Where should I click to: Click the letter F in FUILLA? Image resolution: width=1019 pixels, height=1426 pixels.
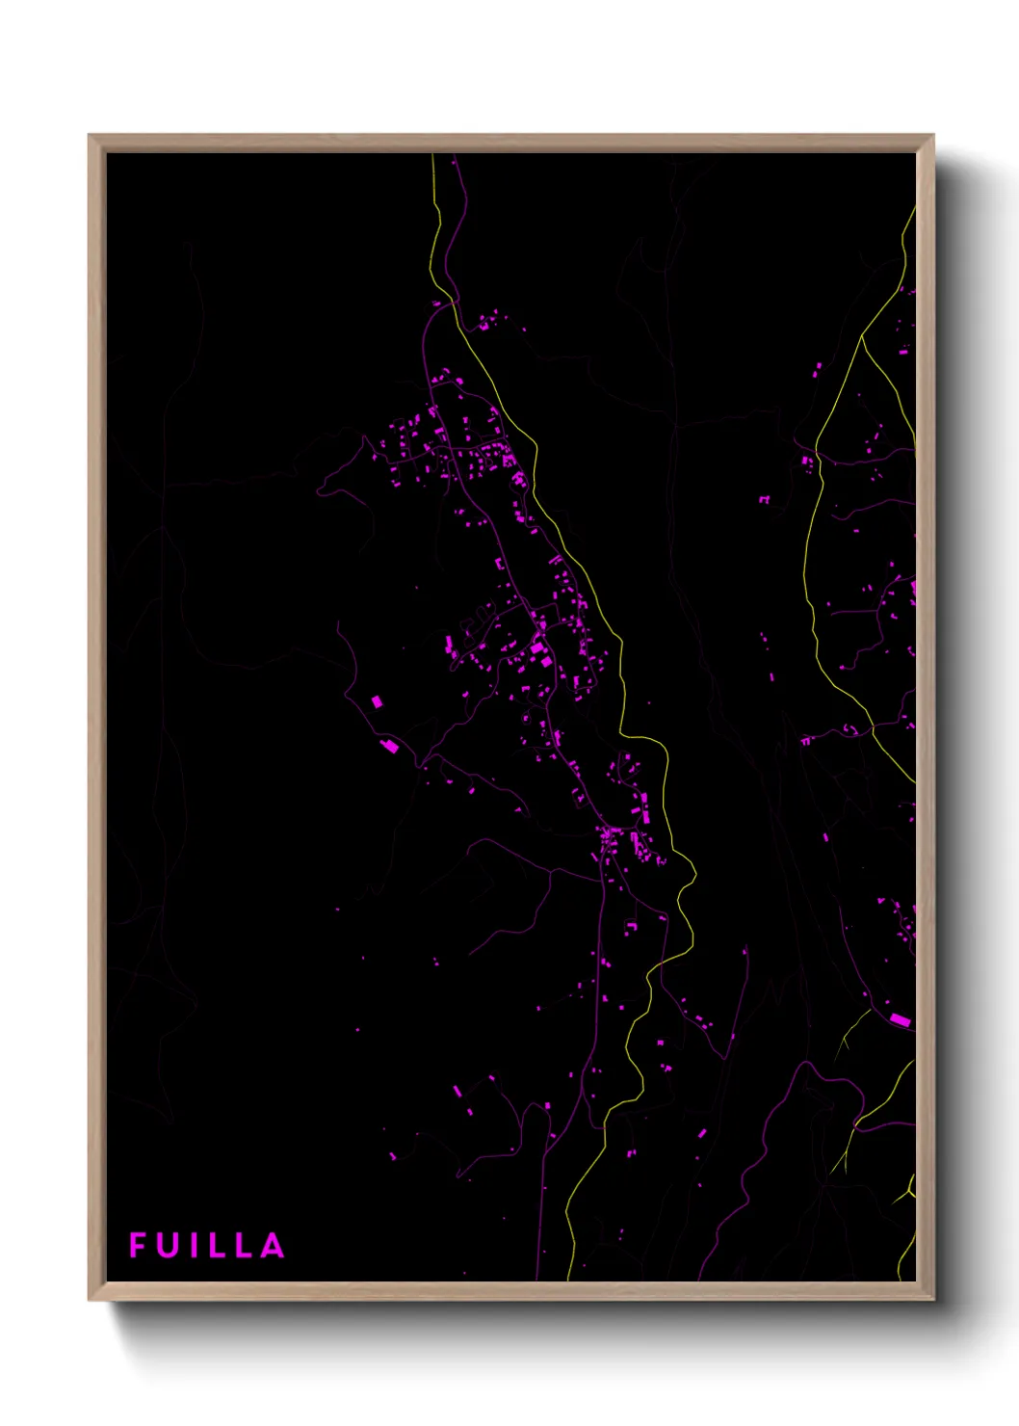(138, 1245)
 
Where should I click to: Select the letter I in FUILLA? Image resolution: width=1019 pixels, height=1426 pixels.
(196, 1245)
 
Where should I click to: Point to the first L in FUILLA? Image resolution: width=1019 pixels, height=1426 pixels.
(218, 1245)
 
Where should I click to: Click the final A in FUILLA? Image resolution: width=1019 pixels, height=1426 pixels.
(274, 1245)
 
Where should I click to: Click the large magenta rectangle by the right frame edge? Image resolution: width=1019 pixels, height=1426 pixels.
(900, 1019)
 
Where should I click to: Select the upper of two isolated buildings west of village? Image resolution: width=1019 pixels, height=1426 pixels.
(377, 701)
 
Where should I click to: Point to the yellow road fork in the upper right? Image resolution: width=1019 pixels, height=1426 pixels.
(862, 337)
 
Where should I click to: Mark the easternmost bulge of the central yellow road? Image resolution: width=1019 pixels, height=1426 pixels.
(694, 875)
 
